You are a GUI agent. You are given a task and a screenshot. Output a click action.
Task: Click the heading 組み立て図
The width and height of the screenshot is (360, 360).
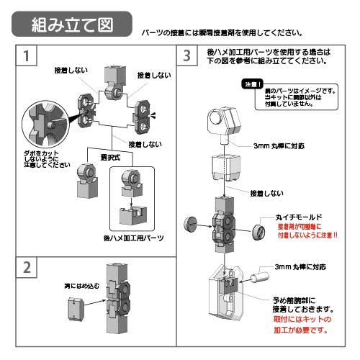point(72,25)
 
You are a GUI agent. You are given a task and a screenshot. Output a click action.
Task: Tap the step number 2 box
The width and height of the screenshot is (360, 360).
point(27,267)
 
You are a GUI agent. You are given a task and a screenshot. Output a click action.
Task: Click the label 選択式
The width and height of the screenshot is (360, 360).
point(109,157)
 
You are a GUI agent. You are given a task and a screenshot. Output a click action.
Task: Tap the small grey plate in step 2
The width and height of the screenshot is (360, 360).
point(73,308)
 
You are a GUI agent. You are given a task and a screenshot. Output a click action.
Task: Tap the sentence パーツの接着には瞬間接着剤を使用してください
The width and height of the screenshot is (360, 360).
point(221,33)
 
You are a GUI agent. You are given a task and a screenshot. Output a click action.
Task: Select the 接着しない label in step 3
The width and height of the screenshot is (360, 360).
point(266,193)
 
